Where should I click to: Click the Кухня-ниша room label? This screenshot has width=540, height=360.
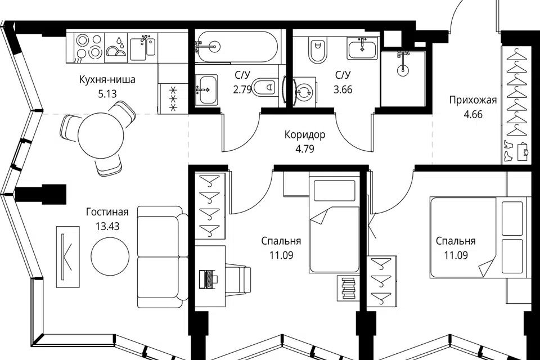107,79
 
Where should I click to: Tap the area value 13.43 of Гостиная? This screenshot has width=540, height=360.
107,226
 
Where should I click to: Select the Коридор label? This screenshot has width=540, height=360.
305,134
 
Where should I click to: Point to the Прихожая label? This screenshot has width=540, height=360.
473,100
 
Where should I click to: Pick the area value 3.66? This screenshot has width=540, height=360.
343,90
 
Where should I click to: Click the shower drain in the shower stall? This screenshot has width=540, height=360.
403,70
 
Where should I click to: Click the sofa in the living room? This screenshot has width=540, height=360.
160,256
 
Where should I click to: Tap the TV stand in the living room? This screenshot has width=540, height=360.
68,256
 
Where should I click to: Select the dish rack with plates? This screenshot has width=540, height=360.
115,47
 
